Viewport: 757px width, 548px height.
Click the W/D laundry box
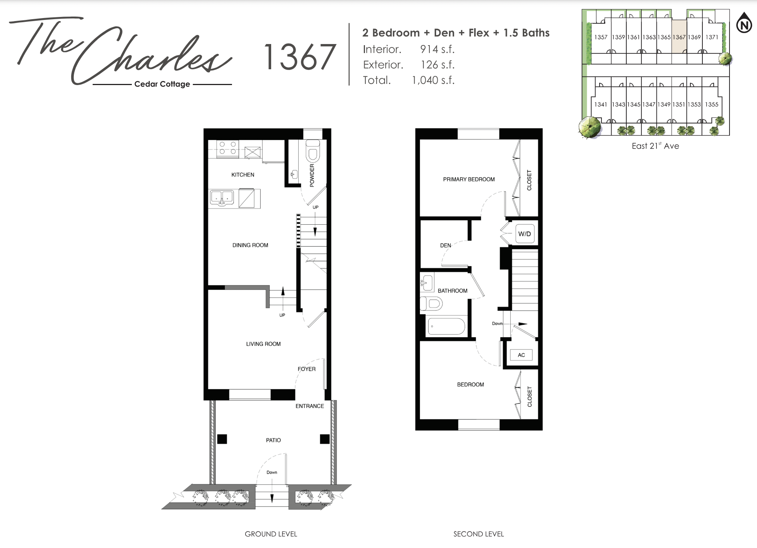pyautogui.click(x=525, y=234)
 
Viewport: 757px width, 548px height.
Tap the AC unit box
pyautogui.click(x=521, y=355)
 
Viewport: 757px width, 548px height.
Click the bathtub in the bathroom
pyautogui.click(x=446, y=326)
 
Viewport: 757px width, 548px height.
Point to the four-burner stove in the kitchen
pyautogui.click(x=228, y=148)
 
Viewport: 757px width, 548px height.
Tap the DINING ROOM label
pyautogui.click(x=250, y=245)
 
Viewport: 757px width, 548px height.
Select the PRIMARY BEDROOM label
pyautogui.click(x=469, y=180)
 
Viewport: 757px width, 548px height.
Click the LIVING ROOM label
pyautogui.click(x=263, y=344)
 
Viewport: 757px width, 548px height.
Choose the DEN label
pyautogui.click(x=446, y=245)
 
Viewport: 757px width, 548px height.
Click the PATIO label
pyautogui.click(x=273, y=440)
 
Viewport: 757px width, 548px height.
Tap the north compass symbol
pyautogui.click(x=744, y=23)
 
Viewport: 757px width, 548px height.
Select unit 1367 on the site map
pyautogui.click(x=679, y=37)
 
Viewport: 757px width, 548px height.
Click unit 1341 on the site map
pyautogui.click(x=601, y=104)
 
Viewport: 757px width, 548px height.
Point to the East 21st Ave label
pyautogui.click(x=655, y=146)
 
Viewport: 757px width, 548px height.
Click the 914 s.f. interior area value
pyautogui.click(x=437, y=49)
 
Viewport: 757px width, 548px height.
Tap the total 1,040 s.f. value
pyautogui.click(x=433, y=80)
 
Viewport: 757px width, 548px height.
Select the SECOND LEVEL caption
pyautogui.click(x=478, y=534)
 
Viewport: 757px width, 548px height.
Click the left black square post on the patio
pyautogui.click(x=222, y=439)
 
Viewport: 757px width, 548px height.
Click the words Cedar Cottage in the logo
pyautogui.click(x=162, y=84)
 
